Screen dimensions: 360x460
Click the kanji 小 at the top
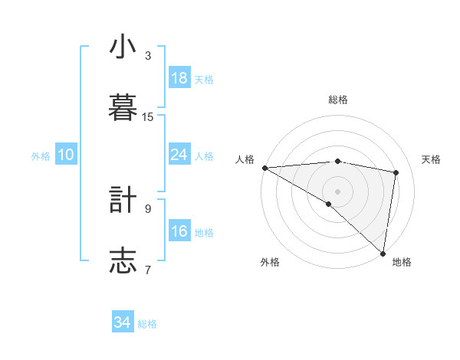[123, 47]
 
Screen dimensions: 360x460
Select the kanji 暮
[123, 107]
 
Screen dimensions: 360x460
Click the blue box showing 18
[179, 78]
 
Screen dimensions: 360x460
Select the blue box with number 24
[179, 155]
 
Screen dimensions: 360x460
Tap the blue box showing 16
[179, 231]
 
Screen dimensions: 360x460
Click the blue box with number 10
[66, 155]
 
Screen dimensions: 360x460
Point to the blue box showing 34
[123, 322]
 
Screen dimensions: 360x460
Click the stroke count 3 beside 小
[148, 56]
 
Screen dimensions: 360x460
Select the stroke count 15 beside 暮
[148, 117]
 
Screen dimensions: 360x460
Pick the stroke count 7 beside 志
[148, 270]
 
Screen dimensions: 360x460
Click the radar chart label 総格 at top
[338, 100]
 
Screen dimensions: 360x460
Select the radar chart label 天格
[431, 159]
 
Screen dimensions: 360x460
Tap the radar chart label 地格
[402, 263]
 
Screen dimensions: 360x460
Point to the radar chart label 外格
[270, 263]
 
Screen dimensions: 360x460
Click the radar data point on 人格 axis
[264, 168]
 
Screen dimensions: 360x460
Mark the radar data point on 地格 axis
[383, 253]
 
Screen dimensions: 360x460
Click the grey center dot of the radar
[337, 191]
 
